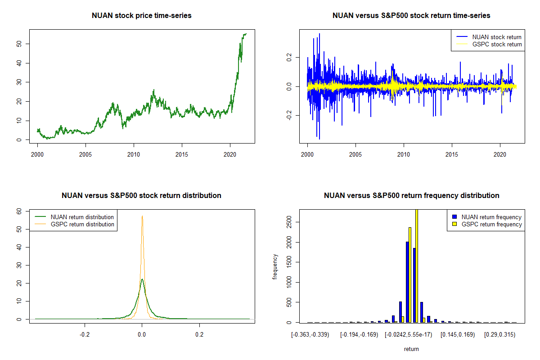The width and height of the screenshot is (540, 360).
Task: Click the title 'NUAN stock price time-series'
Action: [x=142, y=16]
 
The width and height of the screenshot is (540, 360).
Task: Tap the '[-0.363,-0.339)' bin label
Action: [x=310, y=335]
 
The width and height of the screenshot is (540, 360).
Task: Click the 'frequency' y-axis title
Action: [x=275, y=266]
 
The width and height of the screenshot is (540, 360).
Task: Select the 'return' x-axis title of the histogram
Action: [x=411, y=349]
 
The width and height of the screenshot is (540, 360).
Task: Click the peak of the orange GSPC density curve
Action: [x=142, y=216]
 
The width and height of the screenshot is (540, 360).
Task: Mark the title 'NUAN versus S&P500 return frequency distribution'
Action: [x=411, y=196]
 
